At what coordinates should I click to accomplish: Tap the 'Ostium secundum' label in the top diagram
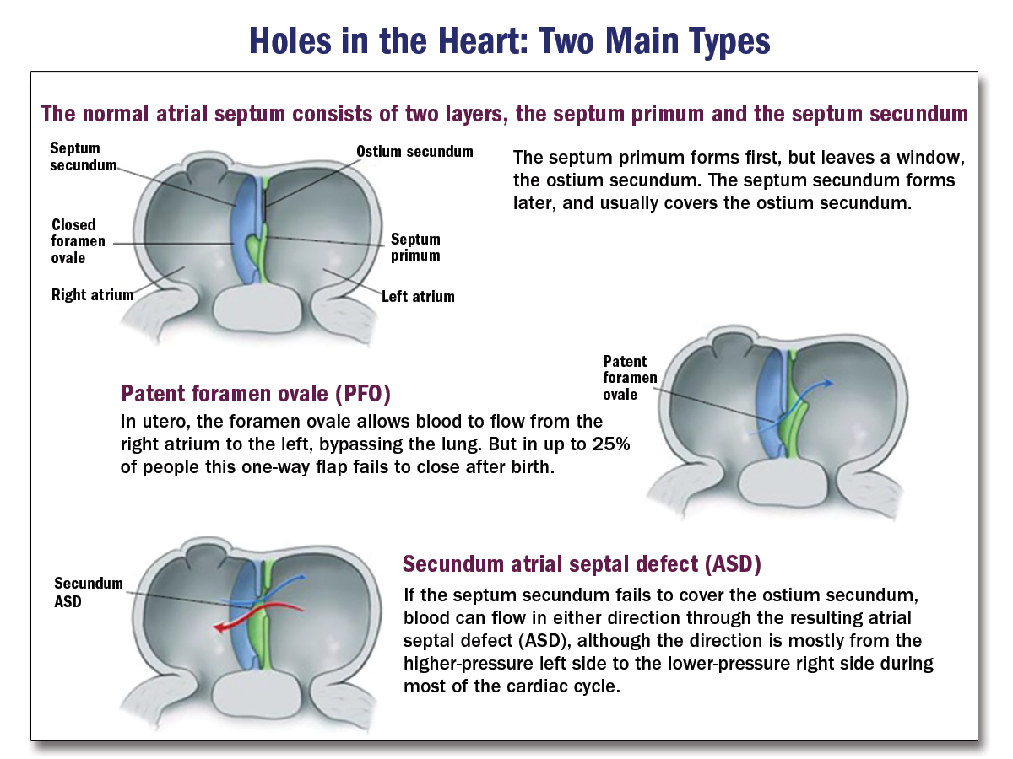(x=414, y=152)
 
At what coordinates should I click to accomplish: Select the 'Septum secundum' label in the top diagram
(x=83, y=157)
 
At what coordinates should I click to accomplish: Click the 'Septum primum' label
(x=415, y=247)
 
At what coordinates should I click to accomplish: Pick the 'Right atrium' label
(x=92, y=295)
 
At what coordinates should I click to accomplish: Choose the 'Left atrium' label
(x=418, y=296)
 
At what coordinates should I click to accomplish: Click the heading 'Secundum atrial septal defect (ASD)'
(x=582, y=563)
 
